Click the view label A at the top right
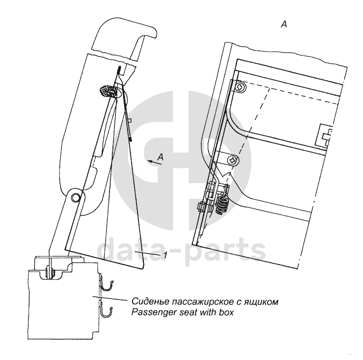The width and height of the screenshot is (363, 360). (283, 26)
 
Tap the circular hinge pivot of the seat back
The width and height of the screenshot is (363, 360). (76, 197)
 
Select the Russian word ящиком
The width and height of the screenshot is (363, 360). (262, 302)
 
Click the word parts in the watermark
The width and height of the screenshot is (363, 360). (227, 252)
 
